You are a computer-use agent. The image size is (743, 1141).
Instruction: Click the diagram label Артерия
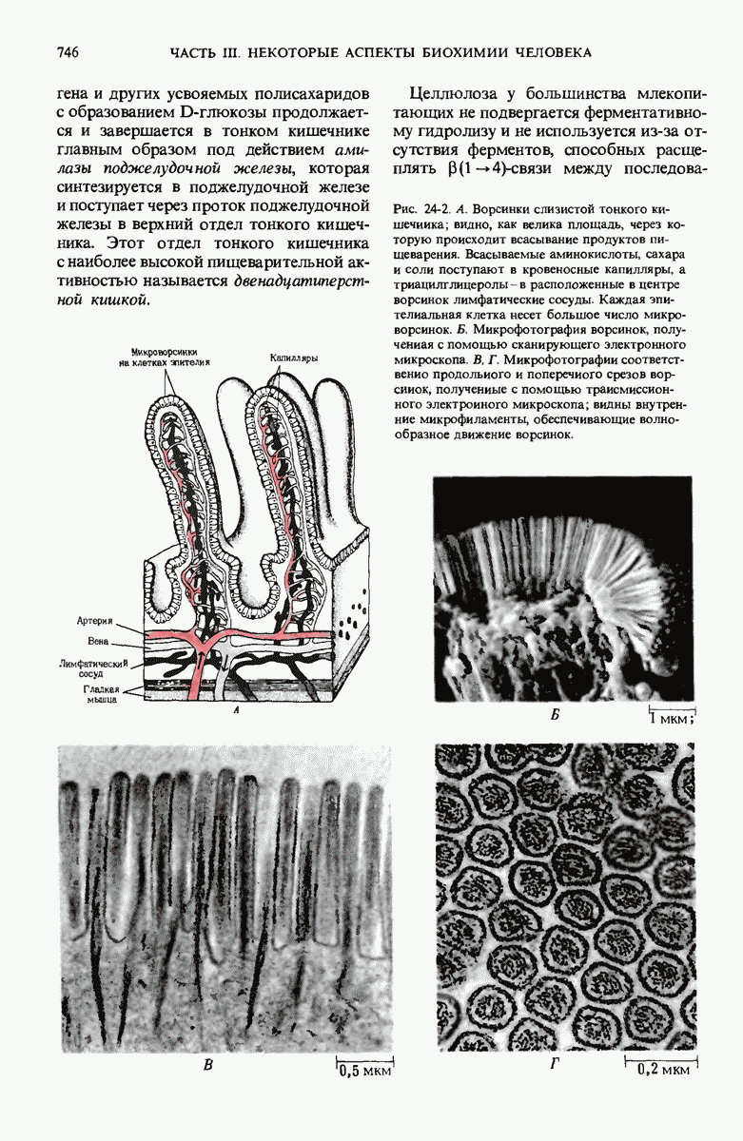tap(96, 621)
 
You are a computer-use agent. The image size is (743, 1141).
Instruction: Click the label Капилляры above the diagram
tap(294, 358)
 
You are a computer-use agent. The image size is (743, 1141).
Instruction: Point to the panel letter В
tap(207, 1066)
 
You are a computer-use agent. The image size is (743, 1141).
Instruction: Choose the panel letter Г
tap(555, 1065)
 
